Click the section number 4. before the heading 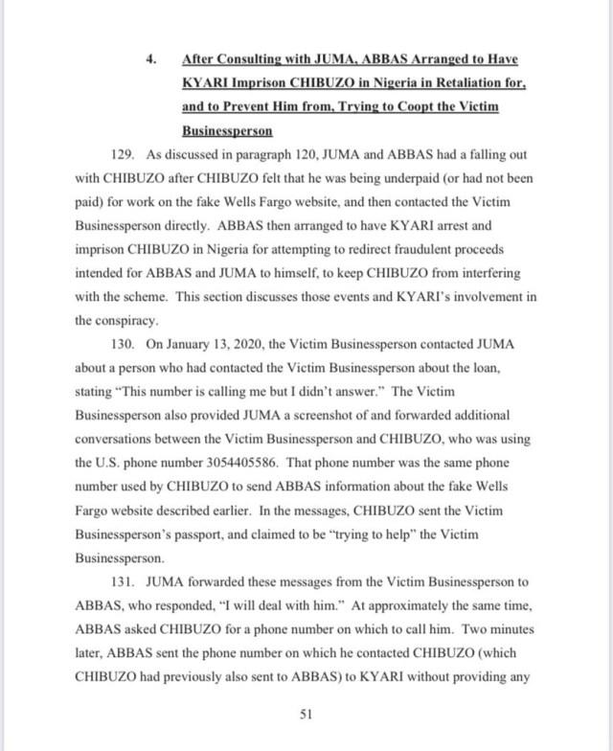coord(150,58)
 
